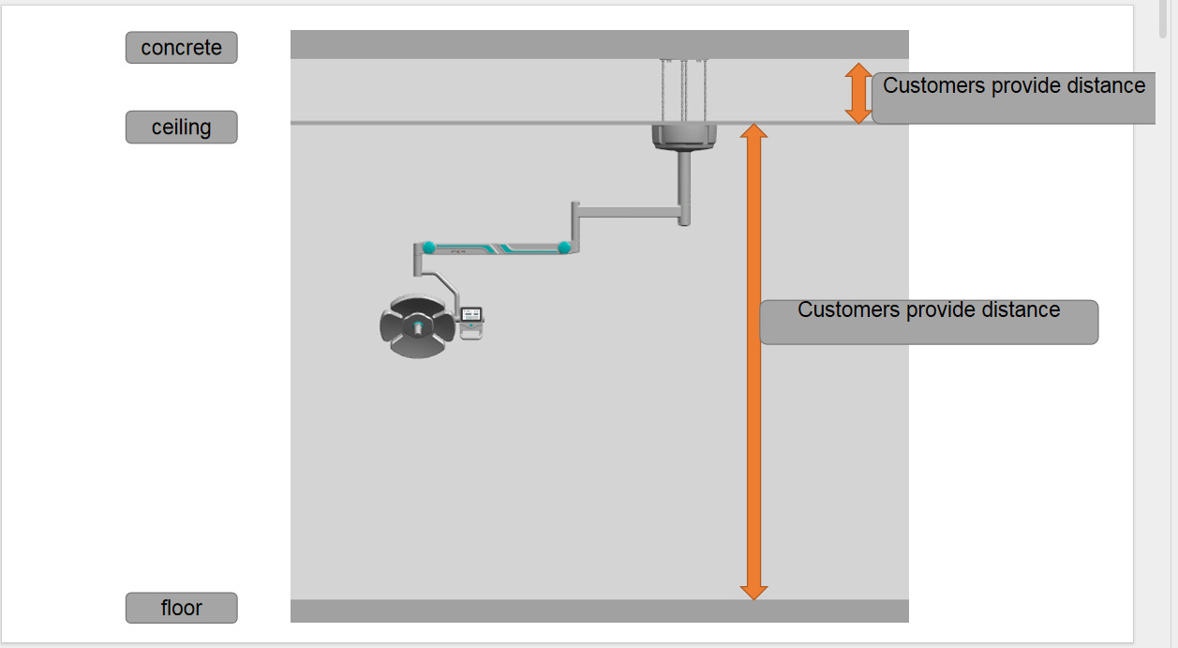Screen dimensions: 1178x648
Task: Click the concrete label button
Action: pos(182,48)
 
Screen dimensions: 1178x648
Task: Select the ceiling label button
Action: pos(182,127)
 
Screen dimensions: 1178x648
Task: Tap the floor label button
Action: pos(182,608)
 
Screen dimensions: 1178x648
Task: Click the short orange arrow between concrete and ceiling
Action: pos(858,93)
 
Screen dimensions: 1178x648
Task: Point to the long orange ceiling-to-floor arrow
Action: pos(753,362)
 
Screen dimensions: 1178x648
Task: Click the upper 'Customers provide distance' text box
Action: pos(1013,98)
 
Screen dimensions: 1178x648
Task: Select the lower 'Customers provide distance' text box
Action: pos(929,323)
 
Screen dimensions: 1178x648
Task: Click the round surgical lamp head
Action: pos(418,327)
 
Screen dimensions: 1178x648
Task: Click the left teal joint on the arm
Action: pos(428,247)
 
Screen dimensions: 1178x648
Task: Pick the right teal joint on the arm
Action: pos(564,248)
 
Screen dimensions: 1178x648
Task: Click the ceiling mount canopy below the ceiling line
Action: pos(684,138)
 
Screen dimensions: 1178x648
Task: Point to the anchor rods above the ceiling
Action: pos(684,91)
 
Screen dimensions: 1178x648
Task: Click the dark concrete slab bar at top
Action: pos(600,44)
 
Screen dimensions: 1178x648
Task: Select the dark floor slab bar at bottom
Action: pos(600,611)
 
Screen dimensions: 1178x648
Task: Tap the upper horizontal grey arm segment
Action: pos(629,212)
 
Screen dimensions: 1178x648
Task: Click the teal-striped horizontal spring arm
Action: pos(497,248)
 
